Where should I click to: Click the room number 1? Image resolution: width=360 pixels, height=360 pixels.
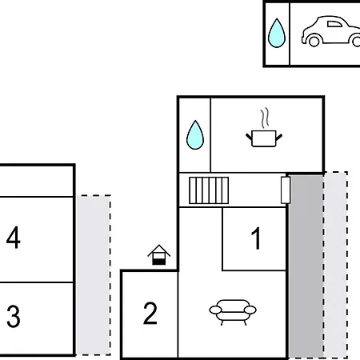[x=256, y=238]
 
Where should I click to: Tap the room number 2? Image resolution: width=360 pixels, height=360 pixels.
[x=150, y=313]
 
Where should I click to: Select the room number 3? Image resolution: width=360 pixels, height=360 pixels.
[x=14, y=316]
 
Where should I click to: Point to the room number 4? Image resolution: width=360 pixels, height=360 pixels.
[x=14, y=238]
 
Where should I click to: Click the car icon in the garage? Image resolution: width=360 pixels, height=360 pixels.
[x=331, y=31]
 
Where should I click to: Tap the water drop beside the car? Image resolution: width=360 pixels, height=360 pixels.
[x=277, y=33]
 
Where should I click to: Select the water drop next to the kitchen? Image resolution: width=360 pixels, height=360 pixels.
[x=195, y=135]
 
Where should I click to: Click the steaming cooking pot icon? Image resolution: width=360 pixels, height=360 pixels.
[x=264, y=127]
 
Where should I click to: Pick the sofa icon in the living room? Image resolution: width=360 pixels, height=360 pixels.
[x=233, y=312]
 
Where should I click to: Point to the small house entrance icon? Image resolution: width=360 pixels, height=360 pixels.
[x=159, y=255]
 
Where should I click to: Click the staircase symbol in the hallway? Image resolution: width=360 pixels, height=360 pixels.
[x=209, y=190]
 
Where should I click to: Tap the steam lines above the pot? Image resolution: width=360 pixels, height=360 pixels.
[x=265, y=118]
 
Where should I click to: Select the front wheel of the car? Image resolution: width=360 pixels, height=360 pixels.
[x=314, y=41]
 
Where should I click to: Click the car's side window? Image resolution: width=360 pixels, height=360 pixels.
[x=334, y=24]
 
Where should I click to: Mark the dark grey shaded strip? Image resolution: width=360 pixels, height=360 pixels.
[x=306, y=266]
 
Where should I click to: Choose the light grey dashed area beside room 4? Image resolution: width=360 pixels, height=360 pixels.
[x=94, y=275]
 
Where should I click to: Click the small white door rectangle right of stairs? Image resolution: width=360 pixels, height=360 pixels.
[x=286, y=190]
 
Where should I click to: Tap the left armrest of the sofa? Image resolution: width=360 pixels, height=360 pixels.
[x=215, y=310]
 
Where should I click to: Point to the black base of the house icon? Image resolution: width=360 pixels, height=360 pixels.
[x=159, y=262]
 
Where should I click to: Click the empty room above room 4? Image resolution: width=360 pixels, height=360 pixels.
[x=36, y=182]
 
